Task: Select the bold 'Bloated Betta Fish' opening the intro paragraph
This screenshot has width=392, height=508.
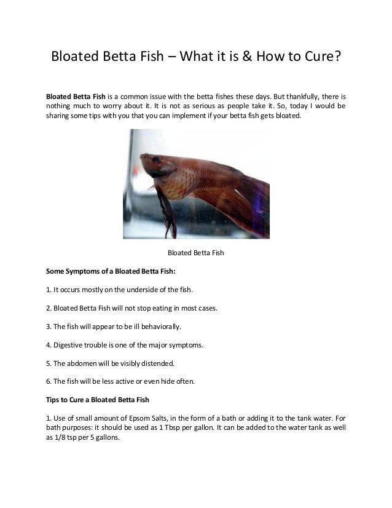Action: pos(76,97)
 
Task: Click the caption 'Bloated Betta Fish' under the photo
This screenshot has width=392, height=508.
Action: pos(195,253)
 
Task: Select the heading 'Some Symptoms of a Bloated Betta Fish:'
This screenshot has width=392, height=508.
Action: pos(101,270)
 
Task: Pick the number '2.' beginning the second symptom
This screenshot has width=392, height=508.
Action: pos(49,308)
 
